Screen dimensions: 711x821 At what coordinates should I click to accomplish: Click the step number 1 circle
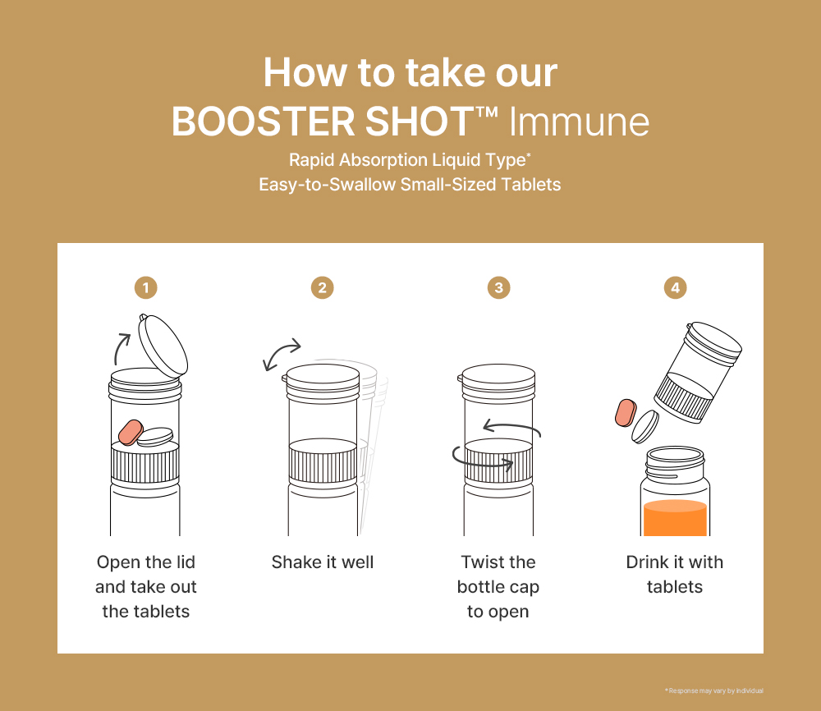coord(146,287)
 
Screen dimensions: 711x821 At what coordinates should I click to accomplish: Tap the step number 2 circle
coord(323,287)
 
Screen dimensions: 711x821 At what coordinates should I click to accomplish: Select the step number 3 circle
coord(498,287)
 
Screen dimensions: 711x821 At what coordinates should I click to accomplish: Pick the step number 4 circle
coord(675,287)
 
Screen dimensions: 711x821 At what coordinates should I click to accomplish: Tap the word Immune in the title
coord(580,122)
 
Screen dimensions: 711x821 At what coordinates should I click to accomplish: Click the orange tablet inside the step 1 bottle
coord(131,432)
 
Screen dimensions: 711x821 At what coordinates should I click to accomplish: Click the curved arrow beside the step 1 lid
coord(122,348)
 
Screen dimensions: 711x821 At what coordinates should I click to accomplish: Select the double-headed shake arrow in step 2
coord(282,356)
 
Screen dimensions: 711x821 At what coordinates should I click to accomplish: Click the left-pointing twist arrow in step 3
coord(511,427)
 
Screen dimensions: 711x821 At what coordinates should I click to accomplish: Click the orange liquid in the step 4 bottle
coord(675,519)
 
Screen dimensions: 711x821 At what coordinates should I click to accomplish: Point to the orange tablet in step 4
coord(626,414)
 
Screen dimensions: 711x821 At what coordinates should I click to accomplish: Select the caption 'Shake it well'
coord(323,562)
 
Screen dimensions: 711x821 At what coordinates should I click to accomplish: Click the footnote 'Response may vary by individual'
coord(714,690)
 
